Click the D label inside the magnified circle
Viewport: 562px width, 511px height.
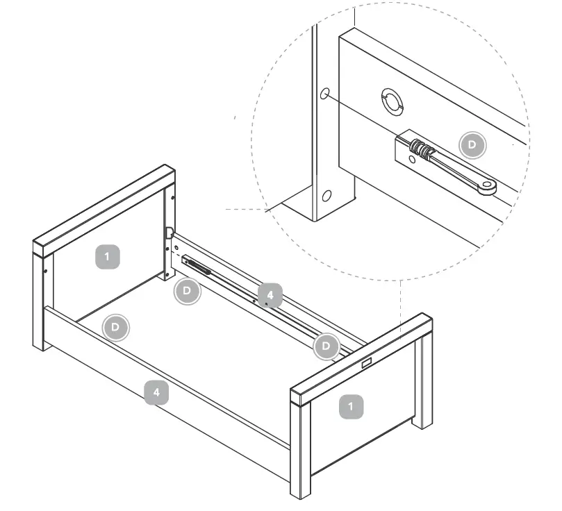click(473, 144)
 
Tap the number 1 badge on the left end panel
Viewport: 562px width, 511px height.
click(106, 257)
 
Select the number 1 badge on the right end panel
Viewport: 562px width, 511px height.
click(352, 406)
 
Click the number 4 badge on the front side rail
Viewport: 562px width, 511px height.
click(156, 393)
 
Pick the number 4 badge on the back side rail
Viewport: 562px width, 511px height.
click(270, 295)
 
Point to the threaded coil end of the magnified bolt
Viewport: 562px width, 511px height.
click(418, 148)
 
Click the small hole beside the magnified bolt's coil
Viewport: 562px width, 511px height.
click(412, 159)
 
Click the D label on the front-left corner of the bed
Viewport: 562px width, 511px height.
click(115, 326)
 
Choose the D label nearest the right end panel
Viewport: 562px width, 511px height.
click(327, 345)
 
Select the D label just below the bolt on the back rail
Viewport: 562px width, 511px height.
click(187, 292)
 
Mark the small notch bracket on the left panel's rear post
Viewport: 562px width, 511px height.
click(168, 231)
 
